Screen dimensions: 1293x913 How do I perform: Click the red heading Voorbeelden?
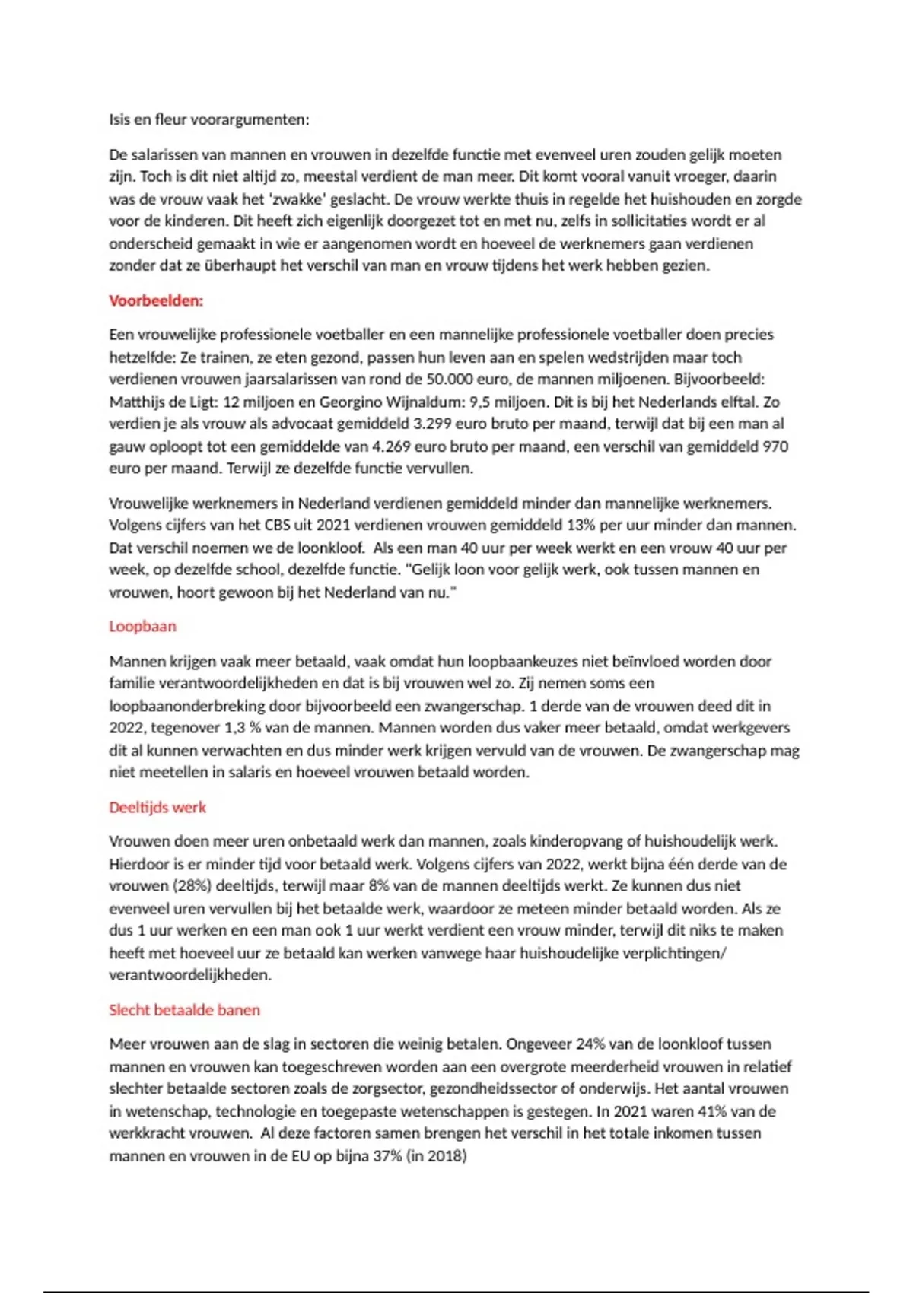click(156, 300)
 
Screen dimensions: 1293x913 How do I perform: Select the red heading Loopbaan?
click(142, 627)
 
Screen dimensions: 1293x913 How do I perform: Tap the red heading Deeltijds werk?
click(157, 808)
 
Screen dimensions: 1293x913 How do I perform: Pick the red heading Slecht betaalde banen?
click(184, 1010)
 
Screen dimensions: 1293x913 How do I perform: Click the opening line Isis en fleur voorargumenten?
click(209, 119)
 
